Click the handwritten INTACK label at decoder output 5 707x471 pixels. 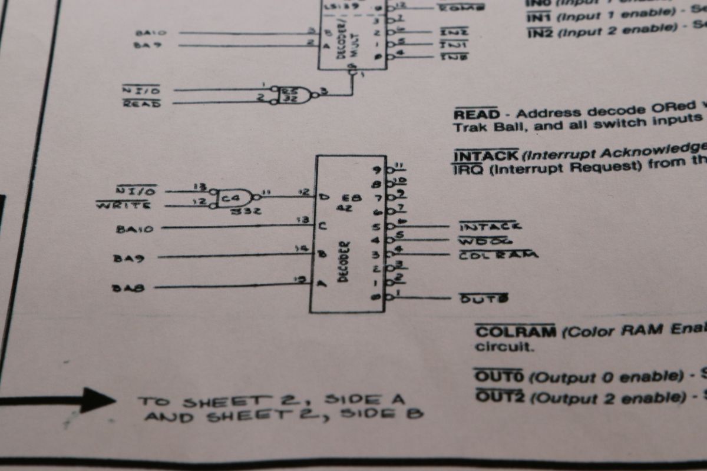(x=490, y=226)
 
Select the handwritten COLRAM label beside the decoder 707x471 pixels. (x=498, y=255)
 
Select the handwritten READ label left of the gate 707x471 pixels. (x=141, y=104)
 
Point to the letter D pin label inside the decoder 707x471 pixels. (x=323, y=196)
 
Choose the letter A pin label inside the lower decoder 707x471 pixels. (x=322, y=283)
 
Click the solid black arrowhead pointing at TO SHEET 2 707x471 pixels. (x=98, y=400)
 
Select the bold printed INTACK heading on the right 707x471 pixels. (x=485, y=155)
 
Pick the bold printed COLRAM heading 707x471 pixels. (x=516, y=331)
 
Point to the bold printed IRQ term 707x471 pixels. (x=468, y=169)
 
